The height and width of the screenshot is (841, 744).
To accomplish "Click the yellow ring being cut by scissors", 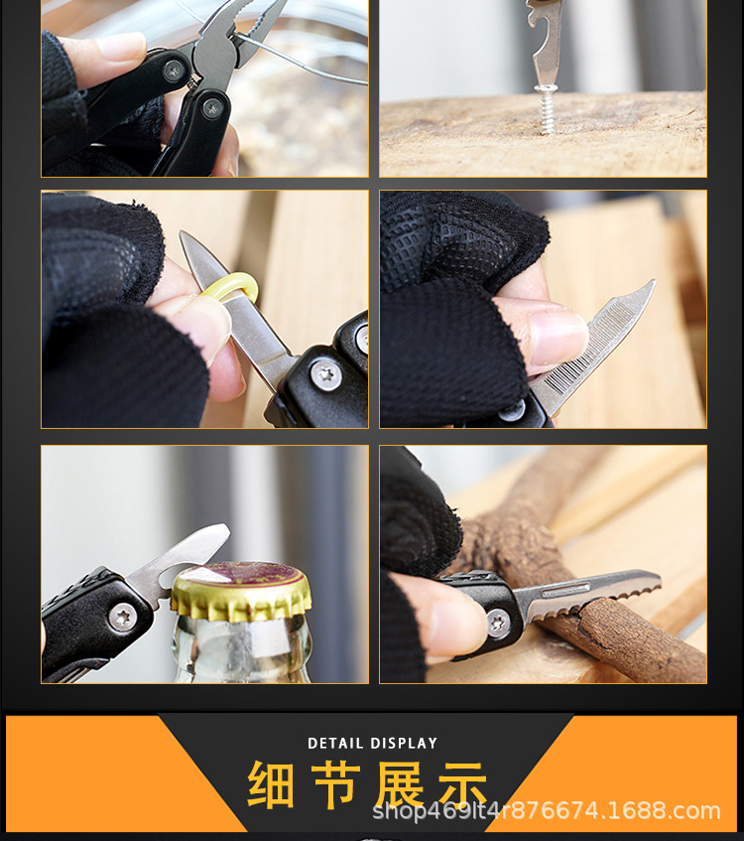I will tap(229, 289).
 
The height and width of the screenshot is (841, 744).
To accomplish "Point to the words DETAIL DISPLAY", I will tap(372, 743).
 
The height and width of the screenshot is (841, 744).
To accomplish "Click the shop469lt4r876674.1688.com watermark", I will tap(547, 811).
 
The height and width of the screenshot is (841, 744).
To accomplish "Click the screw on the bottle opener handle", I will tap(122, 617).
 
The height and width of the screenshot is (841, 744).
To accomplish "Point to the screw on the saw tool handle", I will tap(499, 623).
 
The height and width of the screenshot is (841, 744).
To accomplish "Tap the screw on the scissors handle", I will tap(325, 373).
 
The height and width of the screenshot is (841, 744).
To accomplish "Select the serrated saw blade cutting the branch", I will tap(585, 597).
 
